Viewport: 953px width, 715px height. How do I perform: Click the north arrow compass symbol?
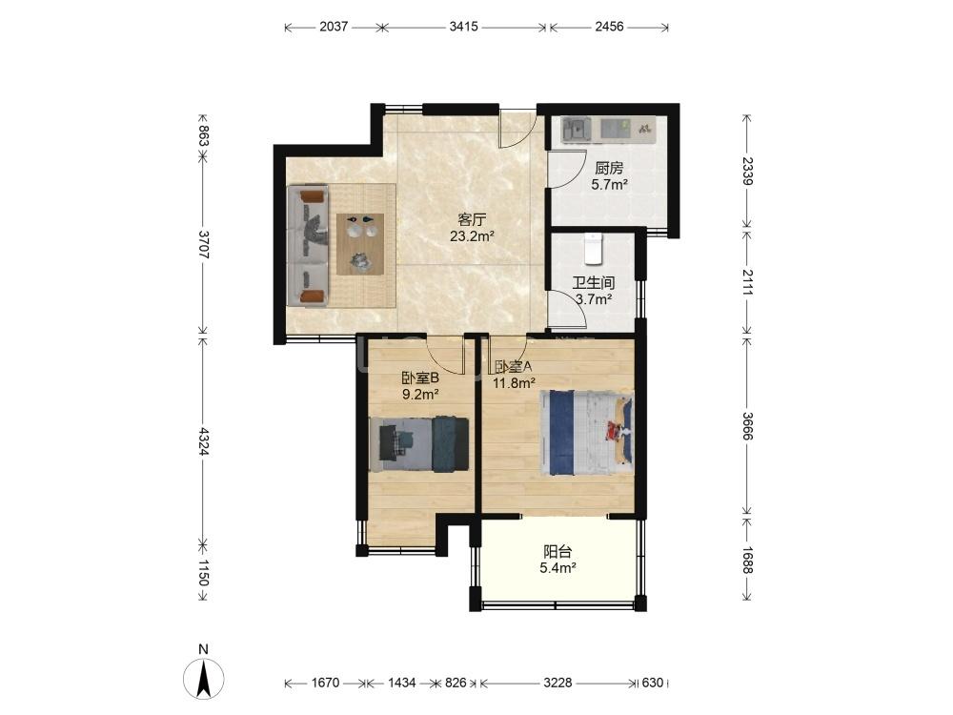(204, 677)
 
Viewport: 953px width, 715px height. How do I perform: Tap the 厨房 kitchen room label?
(609, 168)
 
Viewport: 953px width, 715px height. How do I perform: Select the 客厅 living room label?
(472, 219)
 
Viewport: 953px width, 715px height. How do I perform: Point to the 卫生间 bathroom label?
(593, 283)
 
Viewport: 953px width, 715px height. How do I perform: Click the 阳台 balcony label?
(558, 552)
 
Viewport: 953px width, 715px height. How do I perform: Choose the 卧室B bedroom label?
(420, 378)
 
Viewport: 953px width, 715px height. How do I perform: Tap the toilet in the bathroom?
(593, 249)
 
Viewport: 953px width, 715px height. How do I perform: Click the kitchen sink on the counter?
(575, 129)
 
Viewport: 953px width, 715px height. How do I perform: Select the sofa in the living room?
(308, 246)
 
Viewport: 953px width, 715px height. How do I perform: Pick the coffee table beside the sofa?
(361, 244)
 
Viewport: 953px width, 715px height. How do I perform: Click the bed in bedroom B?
(418, 444)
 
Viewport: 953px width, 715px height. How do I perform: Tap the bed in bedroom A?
(586, 432)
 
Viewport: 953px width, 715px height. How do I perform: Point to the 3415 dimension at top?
(463, 27)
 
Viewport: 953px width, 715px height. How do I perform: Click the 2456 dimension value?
(609, 27)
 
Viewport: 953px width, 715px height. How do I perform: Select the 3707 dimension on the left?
(203, 244)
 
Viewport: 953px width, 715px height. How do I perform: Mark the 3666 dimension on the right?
(747, 427)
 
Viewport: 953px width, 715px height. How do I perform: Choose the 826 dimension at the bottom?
(456, 683)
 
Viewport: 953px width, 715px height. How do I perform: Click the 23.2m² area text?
(472, 236)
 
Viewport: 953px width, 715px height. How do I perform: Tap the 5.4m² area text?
(558, 569)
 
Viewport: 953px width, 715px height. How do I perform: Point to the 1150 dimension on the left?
(203, 573)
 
